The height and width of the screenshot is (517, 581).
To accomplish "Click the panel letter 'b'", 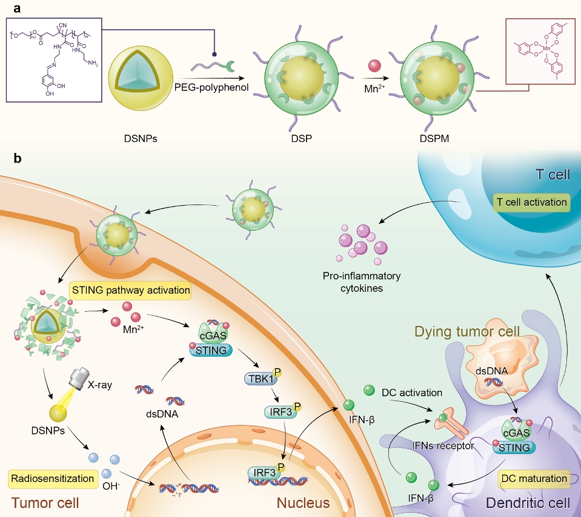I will [18, 159].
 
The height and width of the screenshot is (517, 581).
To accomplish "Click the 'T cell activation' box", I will [531, 203].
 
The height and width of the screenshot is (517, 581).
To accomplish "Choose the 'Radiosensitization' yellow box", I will [53, 478].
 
